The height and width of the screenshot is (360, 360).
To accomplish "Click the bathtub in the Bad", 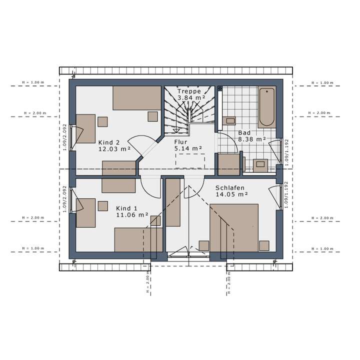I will (x=266, y=107).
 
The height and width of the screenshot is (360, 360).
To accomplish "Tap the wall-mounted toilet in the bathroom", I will (x=230, y=120).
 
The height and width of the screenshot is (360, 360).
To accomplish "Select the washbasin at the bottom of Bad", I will (x=260, y=164).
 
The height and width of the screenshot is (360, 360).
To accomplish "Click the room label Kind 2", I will (x=109, y=141).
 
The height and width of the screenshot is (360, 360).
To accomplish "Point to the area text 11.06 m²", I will (x=132, y=215).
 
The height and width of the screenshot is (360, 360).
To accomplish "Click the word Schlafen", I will (x=230, y=188).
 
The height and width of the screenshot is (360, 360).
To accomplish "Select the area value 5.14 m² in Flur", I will (x=188, y=148).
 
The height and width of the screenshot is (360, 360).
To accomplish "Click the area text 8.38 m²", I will (x=252, y=139).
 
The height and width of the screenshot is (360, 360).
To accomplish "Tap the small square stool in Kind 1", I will (x=103, y=205).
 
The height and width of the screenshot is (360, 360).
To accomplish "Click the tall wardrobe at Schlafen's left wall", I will (x=173, y=202).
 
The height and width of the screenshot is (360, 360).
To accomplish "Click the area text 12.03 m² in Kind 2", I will (x=114, y=148).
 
